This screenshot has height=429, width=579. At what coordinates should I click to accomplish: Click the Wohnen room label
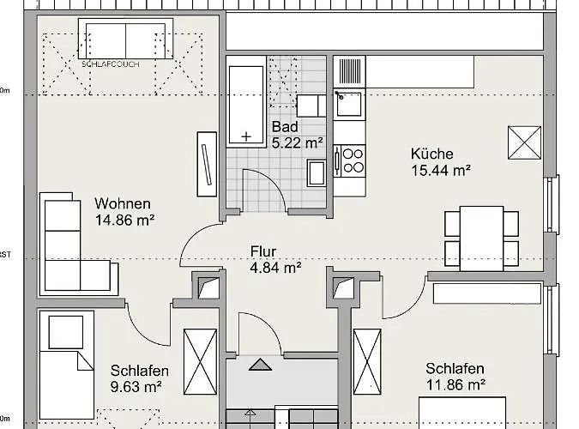[x=123, y=204]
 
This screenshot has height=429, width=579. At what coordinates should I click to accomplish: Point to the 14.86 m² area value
[x=125, y=221]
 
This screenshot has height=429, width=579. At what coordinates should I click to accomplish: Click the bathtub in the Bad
[x=247, y=100]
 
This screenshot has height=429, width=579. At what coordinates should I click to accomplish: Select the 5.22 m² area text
[x=297, y=143]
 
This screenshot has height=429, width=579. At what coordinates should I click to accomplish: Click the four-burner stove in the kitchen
[x=349, y=159]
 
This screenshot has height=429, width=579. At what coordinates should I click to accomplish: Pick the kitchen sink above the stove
[x=349, y=106]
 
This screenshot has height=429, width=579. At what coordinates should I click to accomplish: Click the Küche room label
[x=431, y=154]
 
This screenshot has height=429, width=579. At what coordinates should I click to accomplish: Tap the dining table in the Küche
[x=481, y=237]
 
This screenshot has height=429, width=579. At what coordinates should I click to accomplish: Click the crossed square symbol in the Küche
[x=524, y=142]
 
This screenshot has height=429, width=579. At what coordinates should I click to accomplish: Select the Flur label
[x=262, y=251]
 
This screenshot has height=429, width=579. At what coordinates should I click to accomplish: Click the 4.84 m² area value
[x=274, y=268]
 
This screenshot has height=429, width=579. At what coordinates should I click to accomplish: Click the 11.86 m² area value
[x=456, y=384]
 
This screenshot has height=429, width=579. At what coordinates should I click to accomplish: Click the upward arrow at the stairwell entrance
[x=257, y=365]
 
